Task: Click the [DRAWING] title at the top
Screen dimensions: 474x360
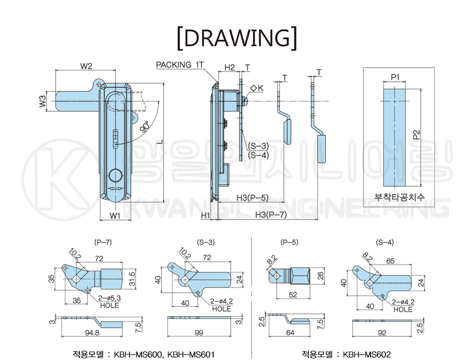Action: pos(237,39)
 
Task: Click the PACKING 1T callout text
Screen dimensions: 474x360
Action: pos(180,65)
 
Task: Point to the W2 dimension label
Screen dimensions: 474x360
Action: pos(86,66)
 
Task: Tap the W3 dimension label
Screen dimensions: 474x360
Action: pos(43,101)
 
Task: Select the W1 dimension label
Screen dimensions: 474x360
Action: pos(115,215)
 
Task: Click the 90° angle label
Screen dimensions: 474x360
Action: pos(145,127)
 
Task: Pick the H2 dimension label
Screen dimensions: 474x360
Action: pos(230,67)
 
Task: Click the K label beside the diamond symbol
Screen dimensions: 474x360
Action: pos(260,88)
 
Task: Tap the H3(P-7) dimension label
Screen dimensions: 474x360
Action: pos(271,215)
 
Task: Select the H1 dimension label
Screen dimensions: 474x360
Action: pos(205,215)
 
